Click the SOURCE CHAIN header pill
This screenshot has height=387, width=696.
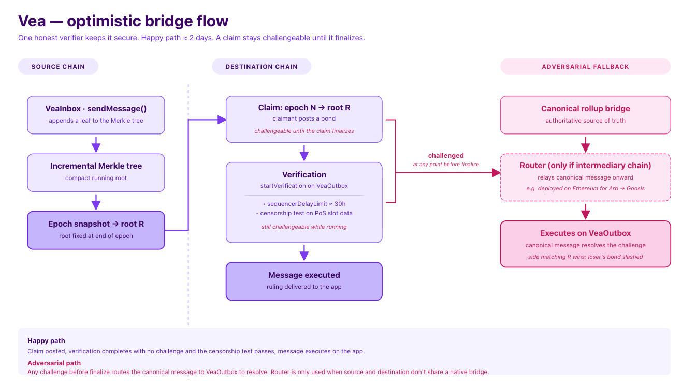point(58,66)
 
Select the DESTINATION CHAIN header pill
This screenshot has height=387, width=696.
point(262,66)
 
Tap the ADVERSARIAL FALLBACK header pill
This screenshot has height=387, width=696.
point(585,66)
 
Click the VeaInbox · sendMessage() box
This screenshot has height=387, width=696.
point(96,115)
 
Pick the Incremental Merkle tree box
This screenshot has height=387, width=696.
point(96,173)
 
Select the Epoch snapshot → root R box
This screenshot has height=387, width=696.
point(96,230)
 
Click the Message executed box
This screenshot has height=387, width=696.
point(304,281)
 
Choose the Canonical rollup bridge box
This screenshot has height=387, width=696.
point(585,115)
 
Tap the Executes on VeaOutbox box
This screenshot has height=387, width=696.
point(585,244)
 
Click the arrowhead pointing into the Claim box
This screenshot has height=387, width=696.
point(222,120)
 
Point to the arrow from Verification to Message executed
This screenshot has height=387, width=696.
point(304,252)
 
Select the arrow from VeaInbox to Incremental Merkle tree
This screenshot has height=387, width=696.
point(96,145)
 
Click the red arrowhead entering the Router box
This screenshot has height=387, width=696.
point(496,173)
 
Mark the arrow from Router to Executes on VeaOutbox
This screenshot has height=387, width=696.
point(585,212)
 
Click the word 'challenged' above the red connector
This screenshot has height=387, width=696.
point(446,156)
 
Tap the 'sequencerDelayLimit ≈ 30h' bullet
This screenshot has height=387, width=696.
point(304,204)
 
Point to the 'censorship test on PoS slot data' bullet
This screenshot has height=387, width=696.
point(304,213)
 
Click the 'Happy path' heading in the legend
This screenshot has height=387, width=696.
point(46,341)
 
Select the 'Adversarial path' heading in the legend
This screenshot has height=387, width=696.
point(54,363)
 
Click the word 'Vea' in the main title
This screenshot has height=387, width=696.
point(32,21)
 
